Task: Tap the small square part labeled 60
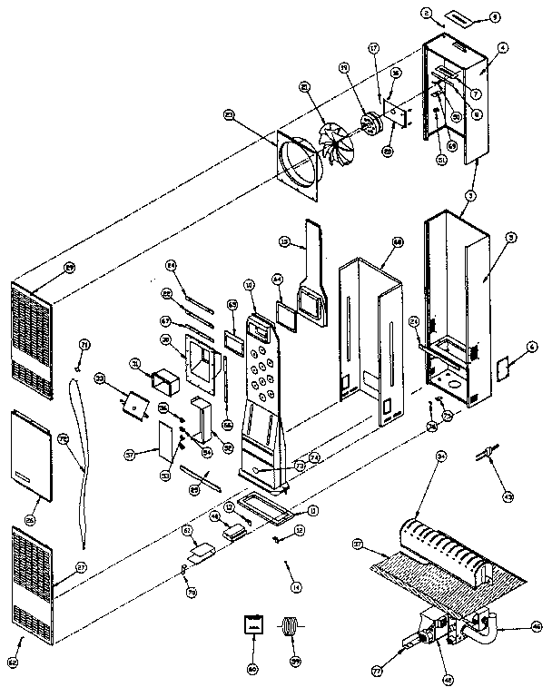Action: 251,626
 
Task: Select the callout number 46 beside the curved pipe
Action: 537,626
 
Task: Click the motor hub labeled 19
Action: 370,122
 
